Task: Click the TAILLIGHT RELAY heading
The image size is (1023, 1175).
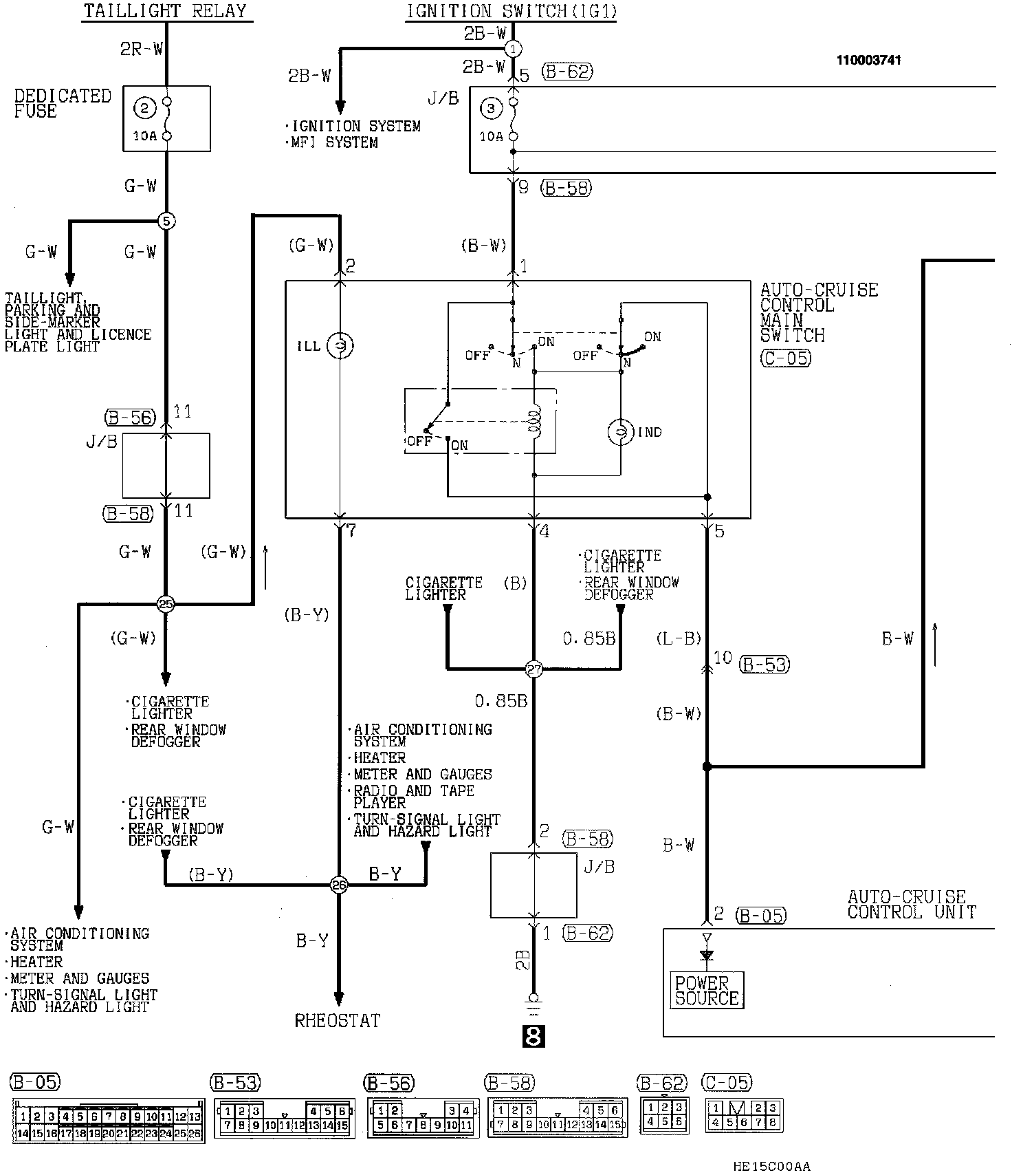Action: point(165,11)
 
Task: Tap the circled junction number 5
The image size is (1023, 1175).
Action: point(166,221)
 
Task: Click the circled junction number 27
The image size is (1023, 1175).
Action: point(534,668)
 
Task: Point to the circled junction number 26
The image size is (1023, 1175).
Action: point(339,885)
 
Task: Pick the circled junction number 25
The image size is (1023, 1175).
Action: point(166,604)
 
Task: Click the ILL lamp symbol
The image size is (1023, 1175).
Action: point(340,345)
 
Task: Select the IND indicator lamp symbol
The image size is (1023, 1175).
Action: point(621,432)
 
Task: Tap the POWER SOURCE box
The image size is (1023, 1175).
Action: point(707,991)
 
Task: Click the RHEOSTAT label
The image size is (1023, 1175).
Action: point(338,1020)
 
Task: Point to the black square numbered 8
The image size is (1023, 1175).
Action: point(534,1036)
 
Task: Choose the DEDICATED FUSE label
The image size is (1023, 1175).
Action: point(63,103)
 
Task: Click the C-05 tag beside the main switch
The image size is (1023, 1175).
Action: point(786,358)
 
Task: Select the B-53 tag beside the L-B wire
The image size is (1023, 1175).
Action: point(764,665)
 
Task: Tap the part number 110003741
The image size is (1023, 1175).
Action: point(868,60)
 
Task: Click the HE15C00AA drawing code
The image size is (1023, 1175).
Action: point(771,1166)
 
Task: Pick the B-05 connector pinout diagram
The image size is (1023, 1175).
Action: point(108,1121)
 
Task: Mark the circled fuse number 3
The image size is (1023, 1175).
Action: point(490,108)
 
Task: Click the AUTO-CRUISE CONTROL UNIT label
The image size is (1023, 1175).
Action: point(912,905)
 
